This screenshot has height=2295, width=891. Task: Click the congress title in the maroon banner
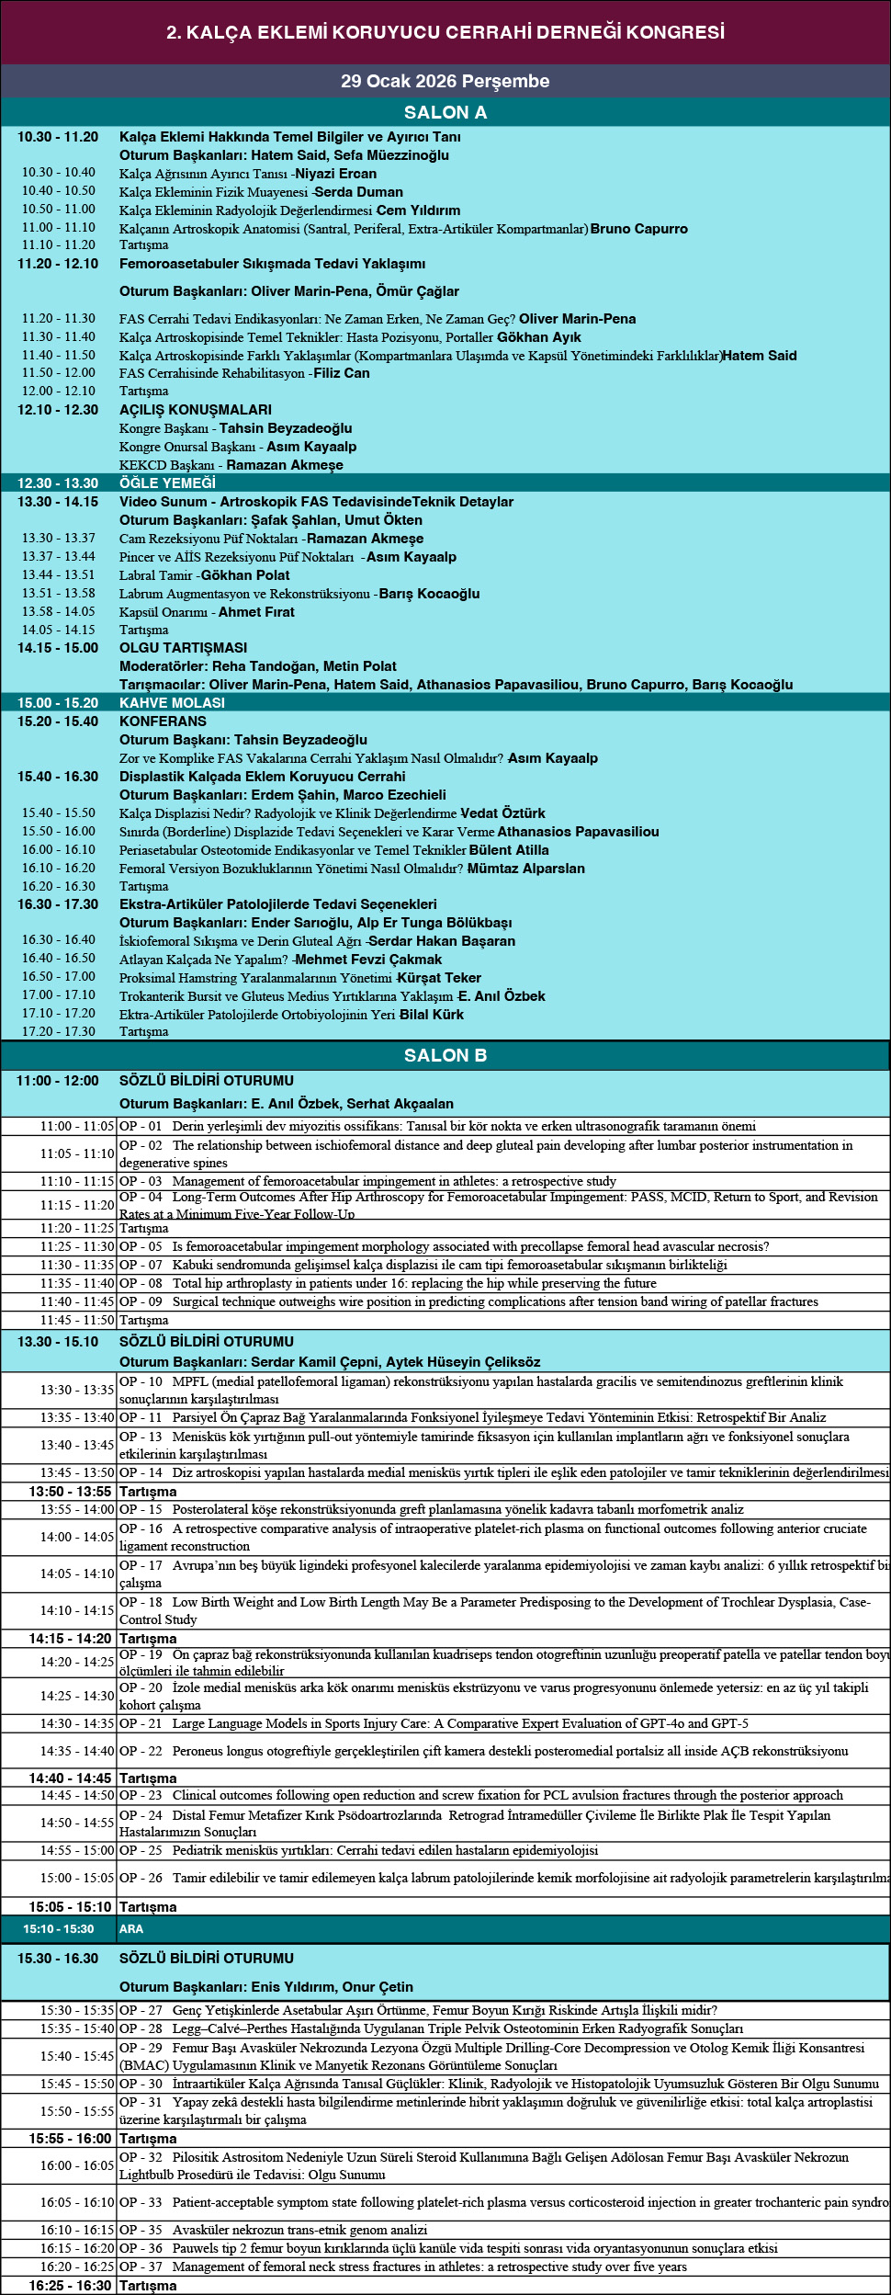click(445, 32)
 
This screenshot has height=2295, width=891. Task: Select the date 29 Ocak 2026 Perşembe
click(445, 81)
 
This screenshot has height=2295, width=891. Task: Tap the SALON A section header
click(445, 112)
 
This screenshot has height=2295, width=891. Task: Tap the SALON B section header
click(445, 1055)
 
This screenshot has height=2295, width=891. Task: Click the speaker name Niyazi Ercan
click(335, 174)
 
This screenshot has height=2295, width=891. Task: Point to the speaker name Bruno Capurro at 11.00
click(639, 229)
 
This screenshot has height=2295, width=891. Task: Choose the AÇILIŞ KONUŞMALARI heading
click(196, 410)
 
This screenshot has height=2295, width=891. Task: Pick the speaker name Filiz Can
click(342, 373)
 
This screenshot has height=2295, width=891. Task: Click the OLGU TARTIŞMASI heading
click(184, 648)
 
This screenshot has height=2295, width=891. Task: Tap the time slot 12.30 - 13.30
click(58, 483)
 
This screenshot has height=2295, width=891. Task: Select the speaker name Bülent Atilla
click(509, 850)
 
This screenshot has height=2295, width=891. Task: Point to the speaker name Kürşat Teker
click(439, 978)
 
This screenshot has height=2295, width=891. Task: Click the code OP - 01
click(141, 1126)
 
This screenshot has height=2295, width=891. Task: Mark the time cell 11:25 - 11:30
click(77, 1246)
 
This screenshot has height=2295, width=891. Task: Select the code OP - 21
click(141, 1723)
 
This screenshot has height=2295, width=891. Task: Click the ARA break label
click(131, 1928)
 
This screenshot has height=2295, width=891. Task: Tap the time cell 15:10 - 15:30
click(59, 1928)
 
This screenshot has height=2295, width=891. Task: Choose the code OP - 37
click(141, 2267)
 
